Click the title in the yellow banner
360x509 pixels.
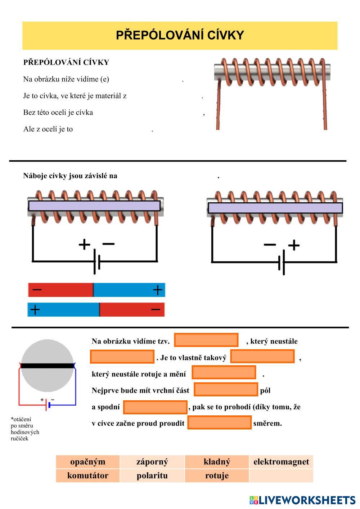(180, 35)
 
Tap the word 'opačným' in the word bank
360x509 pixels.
(88, 462)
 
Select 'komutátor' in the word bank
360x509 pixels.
(88, 476)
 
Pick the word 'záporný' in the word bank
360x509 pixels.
(152, 462)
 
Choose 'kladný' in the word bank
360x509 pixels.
(217, 462)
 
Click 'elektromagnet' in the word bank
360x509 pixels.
(281, 462)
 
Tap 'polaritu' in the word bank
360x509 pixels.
(152, 476)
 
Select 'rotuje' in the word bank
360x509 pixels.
(217, 476)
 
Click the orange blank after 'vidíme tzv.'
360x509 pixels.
(206, 340)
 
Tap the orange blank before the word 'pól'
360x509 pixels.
(226, 389)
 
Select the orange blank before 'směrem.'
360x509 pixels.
(219, 423)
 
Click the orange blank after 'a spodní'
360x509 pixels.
(155, 407)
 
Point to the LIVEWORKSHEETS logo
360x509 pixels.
(302, 500)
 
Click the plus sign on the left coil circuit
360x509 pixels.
(84, 244)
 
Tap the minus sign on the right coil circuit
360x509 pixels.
(270, 245)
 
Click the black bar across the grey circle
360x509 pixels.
(47, 366)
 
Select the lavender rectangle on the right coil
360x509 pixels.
(275, 208)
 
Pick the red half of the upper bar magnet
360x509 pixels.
(60, 290)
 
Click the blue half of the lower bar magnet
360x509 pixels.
(63, 310)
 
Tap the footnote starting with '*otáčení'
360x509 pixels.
(25, 429)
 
